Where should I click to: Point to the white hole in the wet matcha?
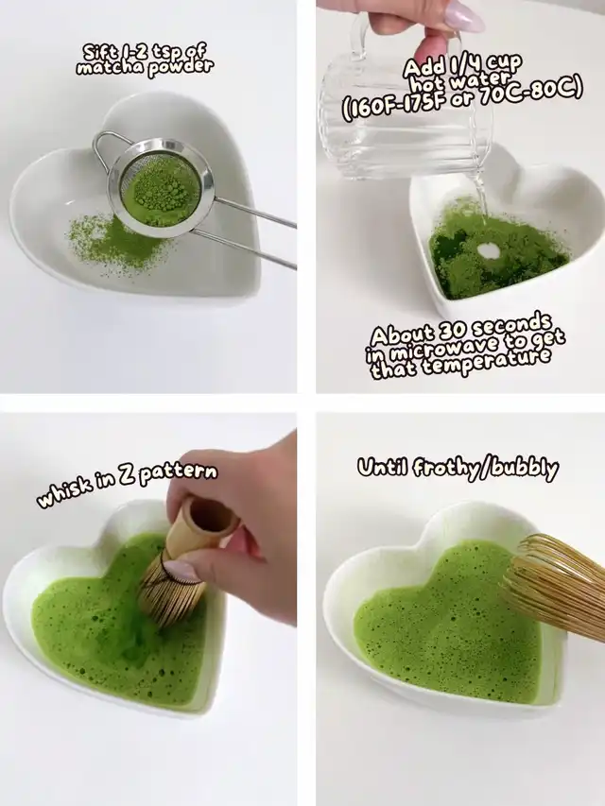click(x=489, y=250)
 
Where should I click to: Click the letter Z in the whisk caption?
click(x=125, y=479)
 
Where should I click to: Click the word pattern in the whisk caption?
click(x=178, y=472)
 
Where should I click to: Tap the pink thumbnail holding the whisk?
click(x=182, y=571)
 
